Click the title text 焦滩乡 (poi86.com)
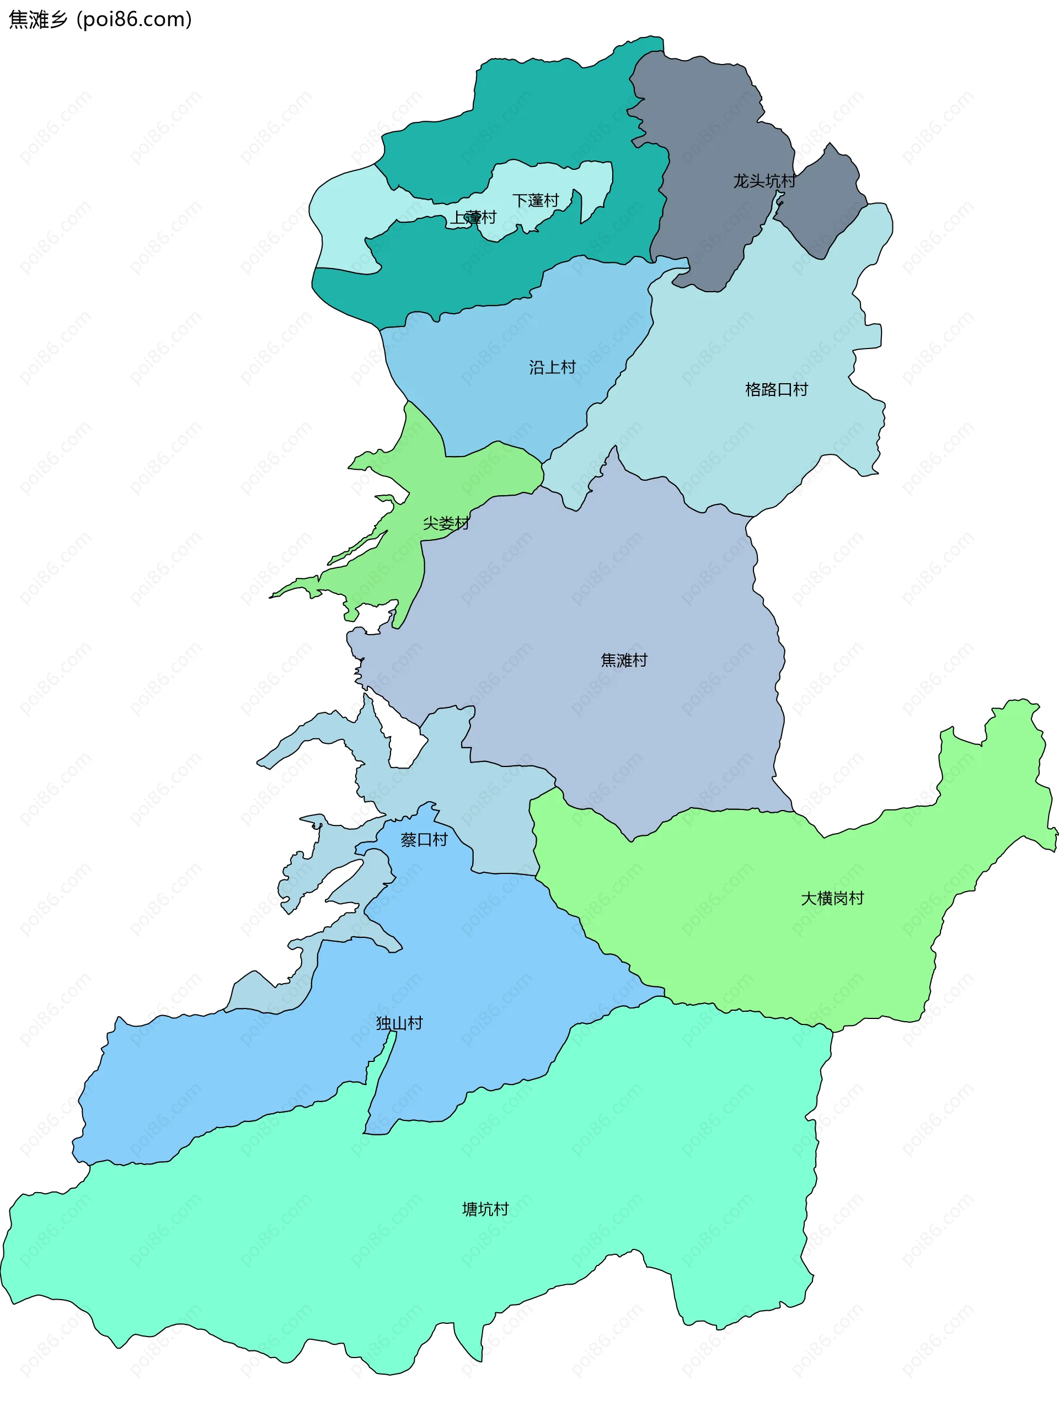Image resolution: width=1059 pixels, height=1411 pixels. click(100, 20)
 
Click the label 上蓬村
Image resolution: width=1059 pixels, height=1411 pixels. click(473, 217)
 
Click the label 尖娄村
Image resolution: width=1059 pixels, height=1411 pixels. click(446, 524)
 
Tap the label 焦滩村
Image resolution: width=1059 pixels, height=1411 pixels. click(623, 660)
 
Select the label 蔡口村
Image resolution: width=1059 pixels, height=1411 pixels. click(424, 840)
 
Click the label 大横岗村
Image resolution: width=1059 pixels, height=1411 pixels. click(832, 899)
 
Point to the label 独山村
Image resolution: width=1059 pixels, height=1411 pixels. click(399, 1024)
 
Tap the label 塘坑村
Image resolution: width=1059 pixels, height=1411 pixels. click(485, 1209)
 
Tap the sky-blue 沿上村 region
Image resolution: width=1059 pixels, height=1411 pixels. click(510, 395)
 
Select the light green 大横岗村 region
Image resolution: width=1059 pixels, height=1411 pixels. click(734, 925)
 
